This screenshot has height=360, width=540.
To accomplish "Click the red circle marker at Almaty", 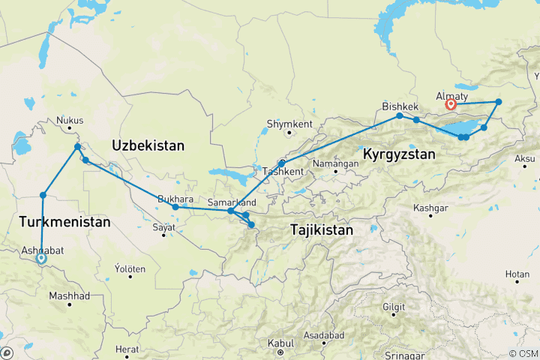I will coord(451,106).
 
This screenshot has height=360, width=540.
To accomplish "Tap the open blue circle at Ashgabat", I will coord(40,259).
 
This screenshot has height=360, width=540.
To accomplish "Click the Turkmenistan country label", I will coord(64,223).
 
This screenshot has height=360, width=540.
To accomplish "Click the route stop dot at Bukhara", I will coord(175,207).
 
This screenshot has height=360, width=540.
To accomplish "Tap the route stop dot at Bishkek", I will coord(400,115).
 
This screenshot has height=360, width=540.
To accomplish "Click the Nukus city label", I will coord(70,120).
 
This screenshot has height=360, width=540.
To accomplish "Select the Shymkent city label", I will coord(288,124).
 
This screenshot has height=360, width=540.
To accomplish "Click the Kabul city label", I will coord(280,343).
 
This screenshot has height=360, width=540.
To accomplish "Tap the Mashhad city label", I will coord(69,296).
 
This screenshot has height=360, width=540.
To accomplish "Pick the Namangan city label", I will coord(337,163).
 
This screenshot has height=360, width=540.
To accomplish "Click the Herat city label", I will coord(128,349).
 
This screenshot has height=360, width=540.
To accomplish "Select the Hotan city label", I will coord(517,275).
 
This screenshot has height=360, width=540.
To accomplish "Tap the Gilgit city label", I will coord(393,307).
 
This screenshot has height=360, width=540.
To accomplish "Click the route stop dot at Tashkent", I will coord(281,163).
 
